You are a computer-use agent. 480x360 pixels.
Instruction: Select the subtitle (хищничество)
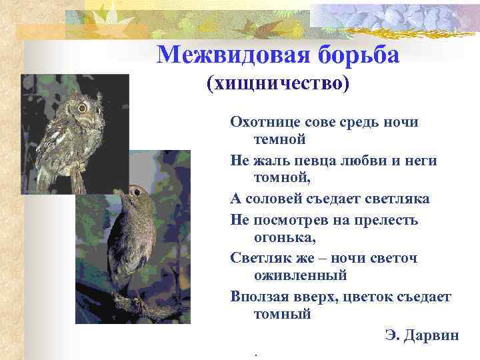tap(278, 83)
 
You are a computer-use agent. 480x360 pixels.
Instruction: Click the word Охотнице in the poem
tap(261, 122)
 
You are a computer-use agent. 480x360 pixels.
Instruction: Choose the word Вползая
tap(258, 295)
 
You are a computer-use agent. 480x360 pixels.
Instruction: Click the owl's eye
tap(82, 107)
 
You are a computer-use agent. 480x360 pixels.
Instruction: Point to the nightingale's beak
tap(116, 193)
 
